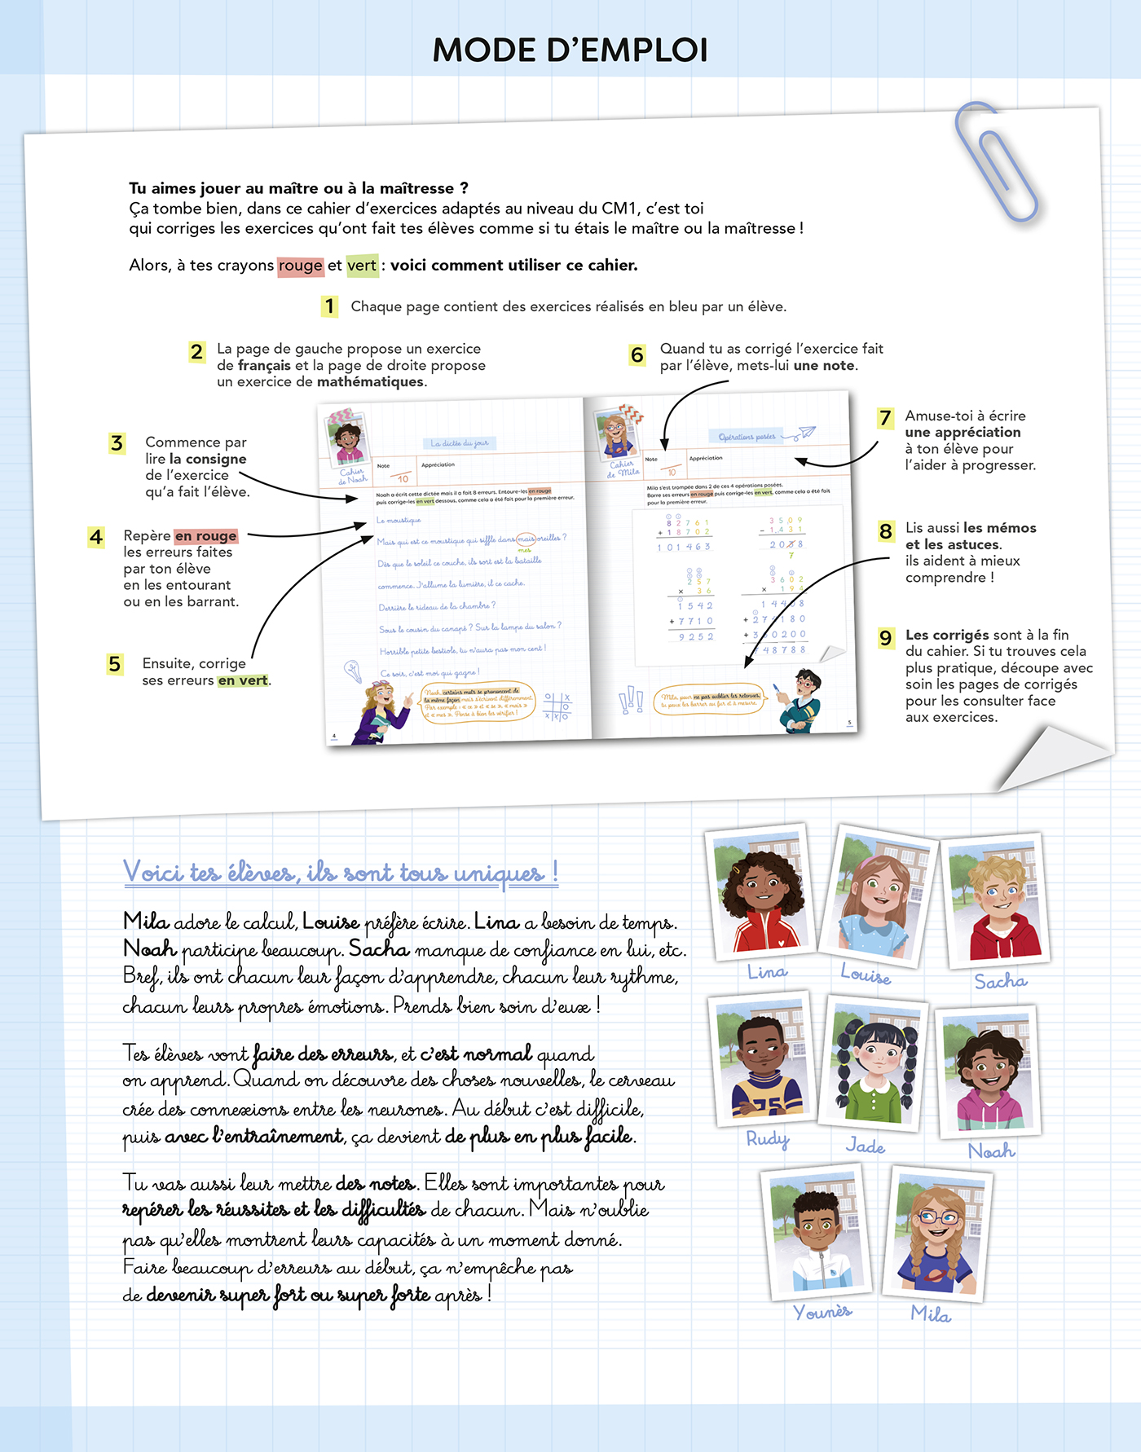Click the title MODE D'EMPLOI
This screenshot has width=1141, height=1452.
click(570, 51)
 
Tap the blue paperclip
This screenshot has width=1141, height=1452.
click(996, 162)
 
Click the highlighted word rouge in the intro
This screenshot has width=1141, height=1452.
click(300, 266)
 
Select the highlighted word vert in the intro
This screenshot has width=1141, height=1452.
click(362, 266)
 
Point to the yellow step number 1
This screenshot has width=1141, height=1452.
click(329, 306)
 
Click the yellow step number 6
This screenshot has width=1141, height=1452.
click(637, 355)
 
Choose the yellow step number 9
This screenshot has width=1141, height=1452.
click(886, 638)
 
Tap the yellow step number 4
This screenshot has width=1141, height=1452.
click(96, 538)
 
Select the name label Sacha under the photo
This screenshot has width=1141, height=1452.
click(1000, 982)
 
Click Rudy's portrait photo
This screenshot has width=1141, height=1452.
click(762, 1058)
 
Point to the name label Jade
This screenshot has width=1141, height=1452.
click(865, 1146)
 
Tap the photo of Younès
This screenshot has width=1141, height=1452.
click(816, 1234)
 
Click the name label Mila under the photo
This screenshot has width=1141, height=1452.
click(931, 1314)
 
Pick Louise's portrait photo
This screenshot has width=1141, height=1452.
click(878, 894)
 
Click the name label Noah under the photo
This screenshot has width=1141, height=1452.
click(991, 1151)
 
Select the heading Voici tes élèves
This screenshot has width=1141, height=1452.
click(341, 873)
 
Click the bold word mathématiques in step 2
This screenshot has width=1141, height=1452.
click(371, 382)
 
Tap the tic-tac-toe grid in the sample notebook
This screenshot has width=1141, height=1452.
click(557, 706)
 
